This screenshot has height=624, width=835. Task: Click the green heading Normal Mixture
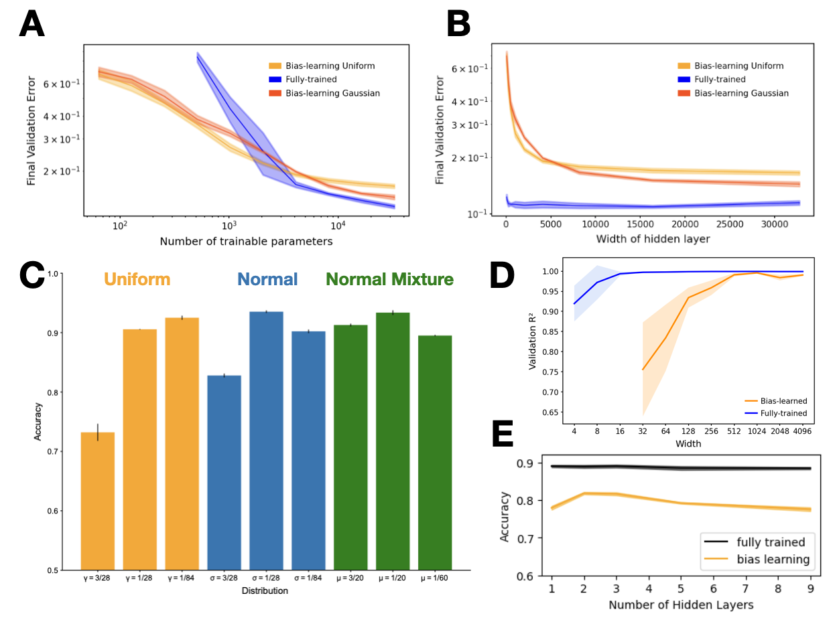point(389,279)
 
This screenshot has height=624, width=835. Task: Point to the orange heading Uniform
point(137,279)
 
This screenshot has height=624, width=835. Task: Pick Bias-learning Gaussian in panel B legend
point(741,93)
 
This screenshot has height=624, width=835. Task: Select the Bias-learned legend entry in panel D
point(782,400)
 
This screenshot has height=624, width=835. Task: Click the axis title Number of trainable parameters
point(246,242)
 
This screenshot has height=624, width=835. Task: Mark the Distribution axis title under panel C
point(266,591)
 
